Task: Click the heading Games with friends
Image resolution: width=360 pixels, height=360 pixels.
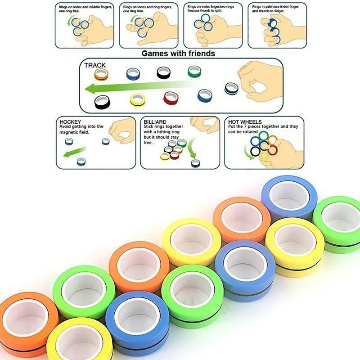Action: click(178, 54)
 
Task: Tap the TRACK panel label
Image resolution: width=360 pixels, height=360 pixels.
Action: click(95, 65)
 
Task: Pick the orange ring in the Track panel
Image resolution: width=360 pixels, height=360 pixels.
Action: click(100, 74)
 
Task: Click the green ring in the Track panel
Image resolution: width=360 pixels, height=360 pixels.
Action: click(194, 71)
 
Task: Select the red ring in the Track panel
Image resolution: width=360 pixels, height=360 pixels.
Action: click(171, 97)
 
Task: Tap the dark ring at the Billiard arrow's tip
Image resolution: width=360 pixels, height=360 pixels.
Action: click(195, 163)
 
